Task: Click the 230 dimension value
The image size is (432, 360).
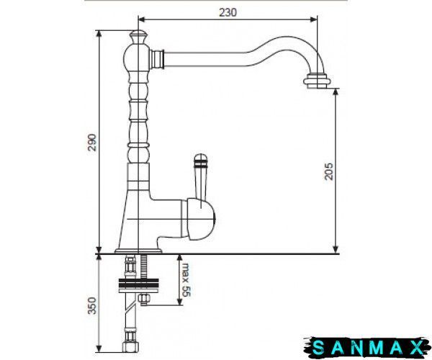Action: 228,12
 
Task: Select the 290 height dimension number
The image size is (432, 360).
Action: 92,143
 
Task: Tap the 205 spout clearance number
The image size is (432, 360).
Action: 329,171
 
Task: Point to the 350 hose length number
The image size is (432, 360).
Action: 92,306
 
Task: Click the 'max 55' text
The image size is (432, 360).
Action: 186,280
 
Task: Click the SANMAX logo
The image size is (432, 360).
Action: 367,347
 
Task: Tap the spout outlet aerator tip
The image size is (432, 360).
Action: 317,81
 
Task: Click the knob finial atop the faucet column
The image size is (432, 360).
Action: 138,37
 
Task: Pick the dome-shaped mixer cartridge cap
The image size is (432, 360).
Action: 201,219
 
